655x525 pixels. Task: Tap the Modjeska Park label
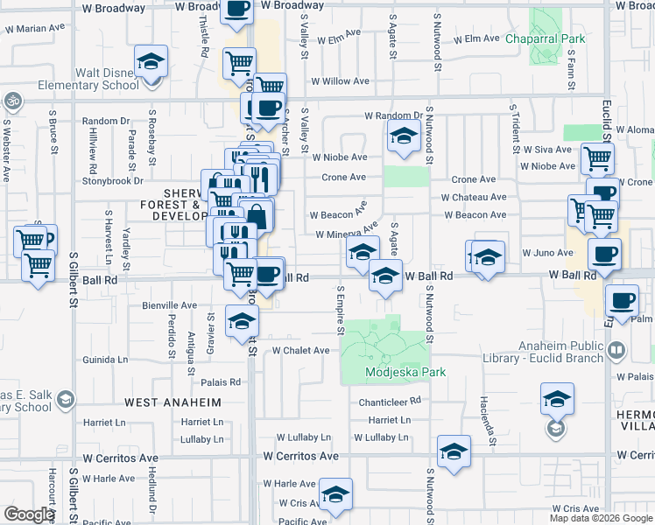(405, 372)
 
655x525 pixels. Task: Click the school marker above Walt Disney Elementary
(151, 64)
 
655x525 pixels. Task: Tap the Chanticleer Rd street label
(391, 401)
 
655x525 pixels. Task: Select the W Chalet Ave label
(300, 350)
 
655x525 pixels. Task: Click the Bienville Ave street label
(170, 305)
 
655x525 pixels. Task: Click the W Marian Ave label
(37, 28)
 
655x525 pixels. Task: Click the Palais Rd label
(221, 382)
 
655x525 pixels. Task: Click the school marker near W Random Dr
(403, 137)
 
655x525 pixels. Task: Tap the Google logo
(28, 514)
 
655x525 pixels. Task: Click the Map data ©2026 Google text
(600, 518)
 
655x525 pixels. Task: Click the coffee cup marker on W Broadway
(237, 10)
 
